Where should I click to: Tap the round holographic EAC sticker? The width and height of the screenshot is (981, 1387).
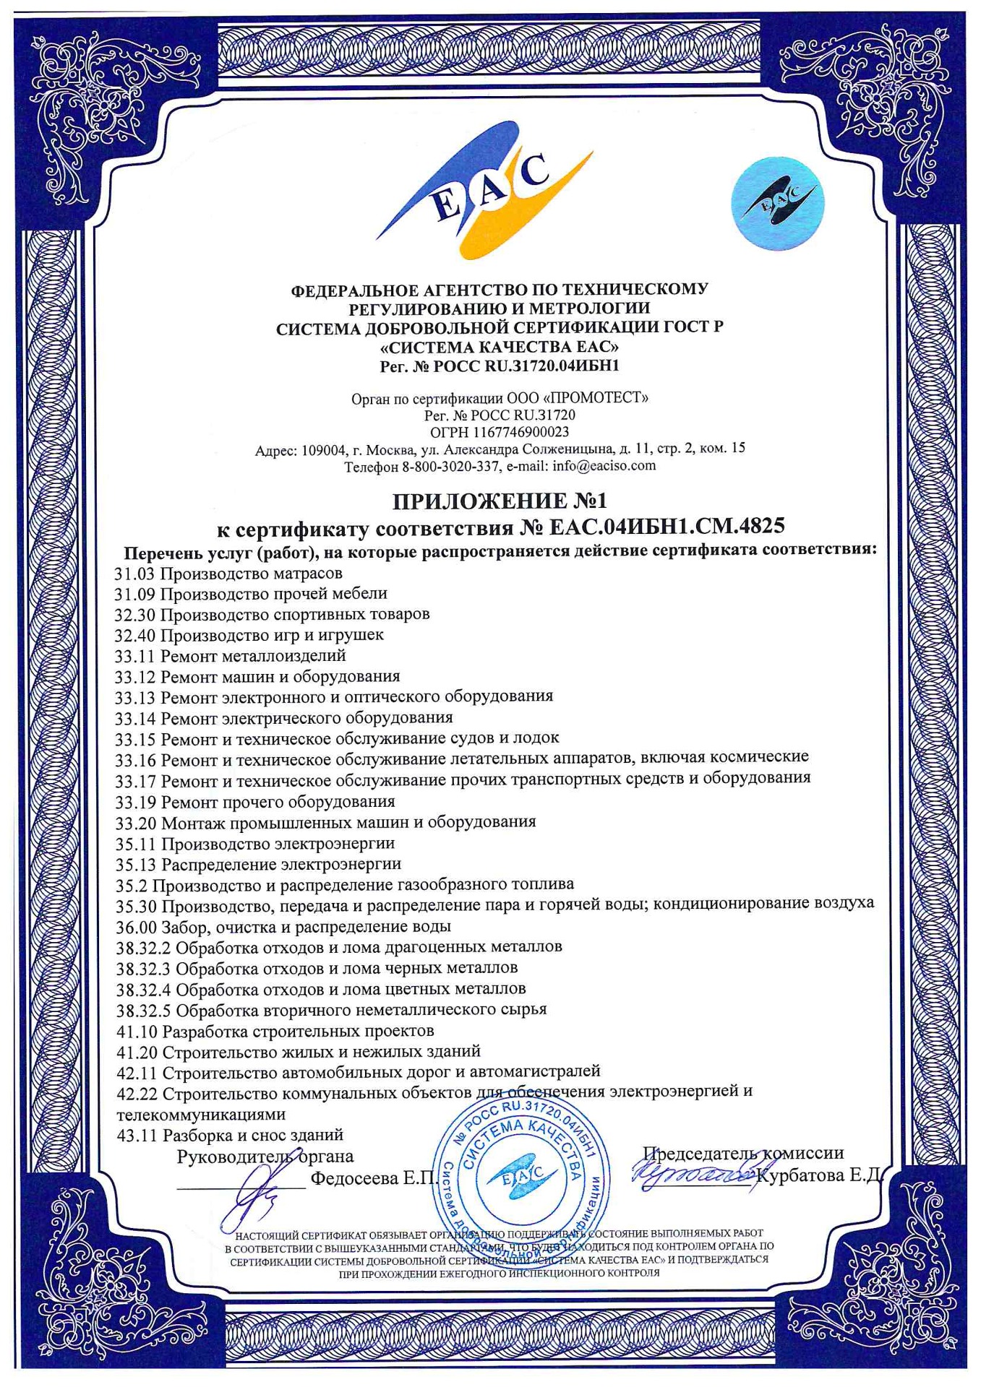777,203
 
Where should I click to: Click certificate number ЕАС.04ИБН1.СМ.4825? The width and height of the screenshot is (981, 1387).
667,527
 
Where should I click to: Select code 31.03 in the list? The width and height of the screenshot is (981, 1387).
135,574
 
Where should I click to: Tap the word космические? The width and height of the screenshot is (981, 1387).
758,757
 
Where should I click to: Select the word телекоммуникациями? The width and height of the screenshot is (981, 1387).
201,1114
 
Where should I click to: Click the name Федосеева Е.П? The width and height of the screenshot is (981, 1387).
373,1178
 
